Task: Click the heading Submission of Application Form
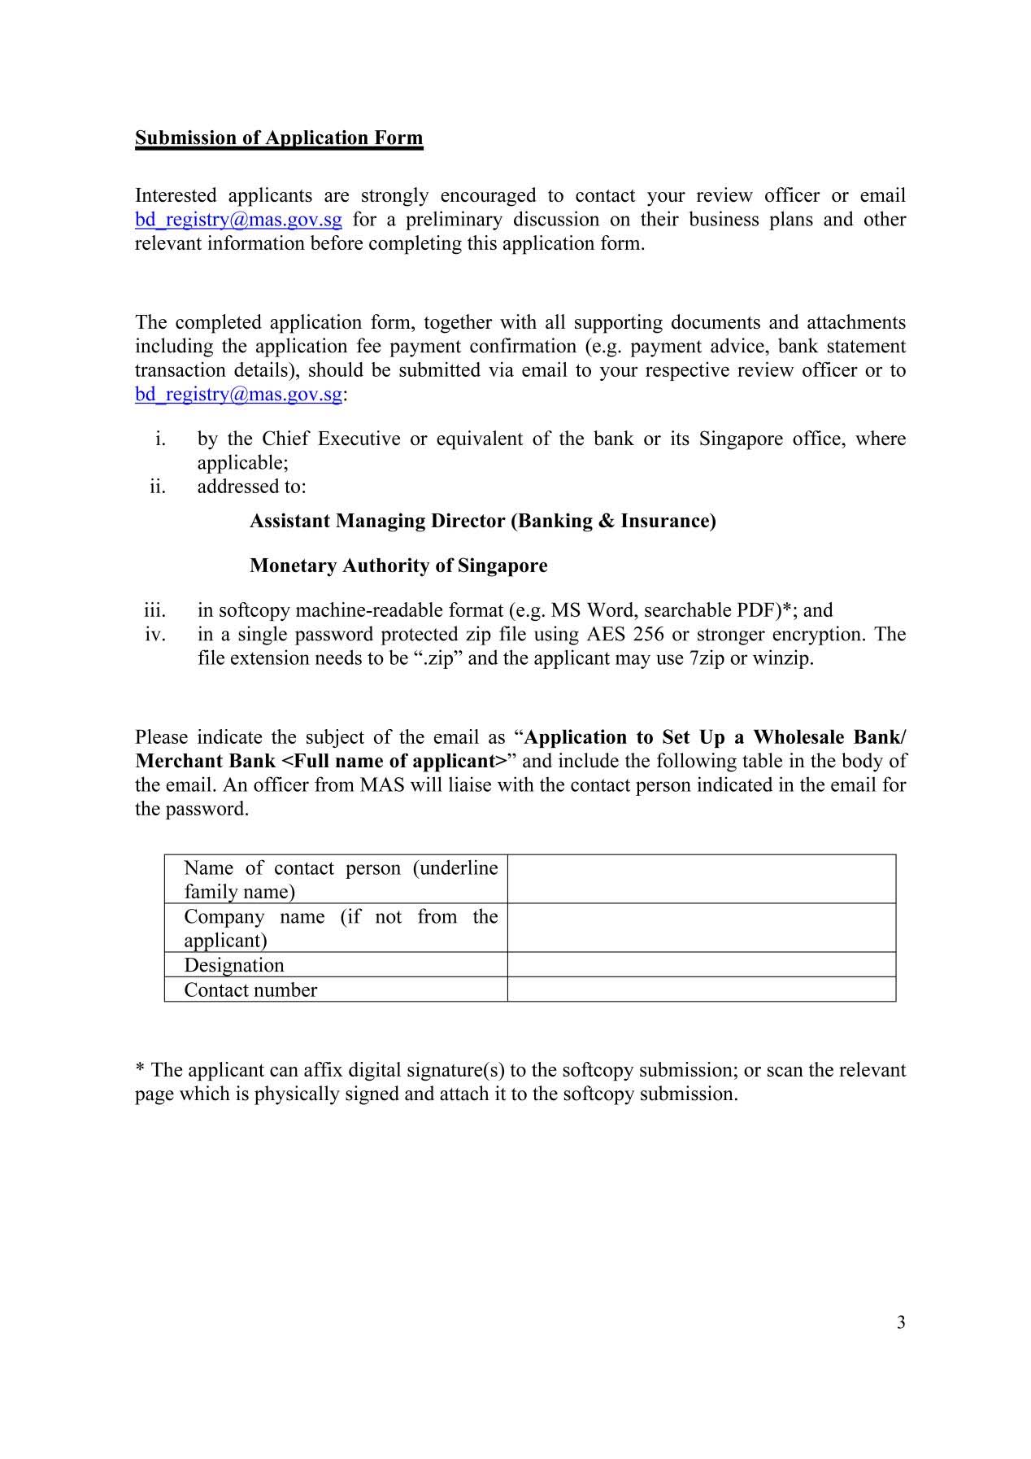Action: coord(279,138)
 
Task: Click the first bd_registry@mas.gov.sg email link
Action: coord(238,220)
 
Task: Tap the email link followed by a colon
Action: coord(238,395)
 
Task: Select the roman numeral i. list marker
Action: coord(160,439)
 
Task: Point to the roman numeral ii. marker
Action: coord(157,487)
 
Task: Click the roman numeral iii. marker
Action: coord(154,610)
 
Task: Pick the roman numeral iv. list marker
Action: coord(155,635)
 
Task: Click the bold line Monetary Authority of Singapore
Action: coord(398,566)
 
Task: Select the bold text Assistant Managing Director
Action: coord(377,521)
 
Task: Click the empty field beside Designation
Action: coord(701,965)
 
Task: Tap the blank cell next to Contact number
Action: coord(701,989)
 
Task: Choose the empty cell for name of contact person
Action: coord(701,879)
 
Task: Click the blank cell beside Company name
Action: coord(701,928)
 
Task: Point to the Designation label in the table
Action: coord(234,965)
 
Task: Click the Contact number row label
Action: coord(250,990)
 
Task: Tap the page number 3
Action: coord(901,1322)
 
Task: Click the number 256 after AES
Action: coord(648,635)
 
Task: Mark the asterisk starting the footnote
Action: coord(140,1068)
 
